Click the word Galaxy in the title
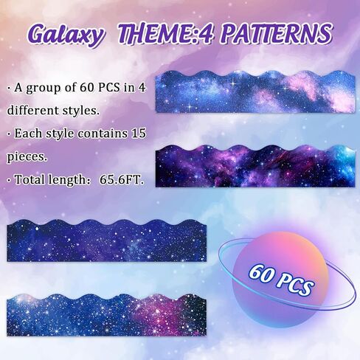tap(64, 35)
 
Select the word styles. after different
tap(80, 111)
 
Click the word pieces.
tap(27, 157)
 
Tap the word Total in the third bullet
tap(30, 179)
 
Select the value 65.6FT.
tap(122, 180)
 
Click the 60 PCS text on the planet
tap(281, 280)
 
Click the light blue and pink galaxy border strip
tap(255, 91)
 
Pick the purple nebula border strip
tap(255, 166)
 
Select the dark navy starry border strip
tap(106, 240)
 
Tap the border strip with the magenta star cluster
tap(106, 315)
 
